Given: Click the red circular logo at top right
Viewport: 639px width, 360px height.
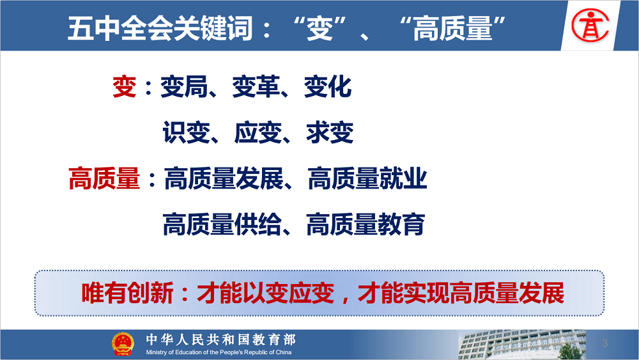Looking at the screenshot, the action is click(x=590, y=26).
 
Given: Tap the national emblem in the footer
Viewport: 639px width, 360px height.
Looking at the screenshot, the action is click(x=123, y=344).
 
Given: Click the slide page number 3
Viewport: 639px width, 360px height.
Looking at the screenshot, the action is click(x=604, y=343).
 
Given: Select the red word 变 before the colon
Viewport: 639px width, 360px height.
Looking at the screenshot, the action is click(x=125, y=87).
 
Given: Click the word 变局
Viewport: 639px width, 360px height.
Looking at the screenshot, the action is click(x=184, y=87).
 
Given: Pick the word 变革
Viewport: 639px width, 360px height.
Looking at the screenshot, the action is click(x=256, y=87).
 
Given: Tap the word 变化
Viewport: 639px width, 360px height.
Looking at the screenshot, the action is click(x=328, y=87).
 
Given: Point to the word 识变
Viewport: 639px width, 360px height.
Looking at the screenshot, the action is click(x=186, y=132).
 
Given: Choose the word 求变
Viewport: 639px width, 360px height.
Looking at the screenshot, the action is click(x=330, y=132).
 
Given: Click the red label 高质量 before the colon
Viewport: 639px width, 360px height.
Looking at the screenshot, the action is click(x=104, y=178).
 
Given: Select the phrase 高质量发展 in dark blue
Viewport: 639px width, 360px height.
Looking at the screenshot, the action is click(x=224, y=178).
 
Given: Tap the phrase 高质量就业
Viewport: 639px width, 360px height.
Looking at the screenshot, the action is click(x=367, y=178).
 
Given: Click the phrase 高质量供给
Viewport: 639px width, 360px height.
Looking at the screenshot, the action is click(x=222, y=224).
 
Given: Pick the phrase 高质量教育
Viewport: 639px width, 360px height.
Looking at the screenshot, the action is click(x=366, y=224).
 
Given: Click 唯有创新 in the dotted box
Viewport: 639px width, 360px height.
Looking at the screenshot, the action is click(x=128, y=293).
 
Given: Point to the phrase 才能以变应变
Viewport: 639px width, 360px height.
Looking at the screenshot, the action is click(x=266, y=293).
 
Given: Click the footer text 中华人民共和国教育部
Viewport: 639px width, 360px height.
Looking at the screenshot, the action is click(x=221, y=339).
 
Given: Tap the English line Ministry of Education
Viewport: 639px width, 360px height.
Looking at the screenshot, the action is click(x=219, y=352).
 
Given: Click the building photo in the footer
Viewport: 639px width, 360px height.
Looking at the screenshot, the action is click(x=523, y=345).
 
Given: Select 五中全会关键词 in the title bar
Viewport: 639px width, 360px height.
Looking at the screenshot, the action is click(x=160, y=28).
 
